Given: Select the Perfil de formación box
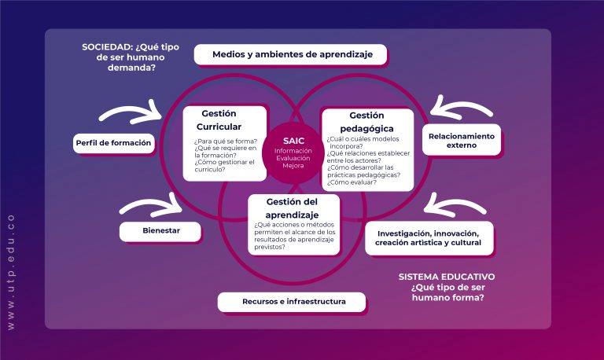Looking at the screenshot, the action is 113,143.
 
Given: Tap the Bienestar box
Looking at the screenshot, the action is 160,232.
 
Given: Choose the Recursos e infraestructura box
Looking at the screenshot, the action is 293,302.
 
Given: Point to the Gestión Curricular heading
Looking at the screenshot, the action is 219,119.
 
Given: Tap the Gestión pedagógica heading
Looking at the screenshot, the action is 366,121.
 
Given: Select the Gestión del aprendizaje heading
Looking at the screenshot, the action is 293,208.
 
